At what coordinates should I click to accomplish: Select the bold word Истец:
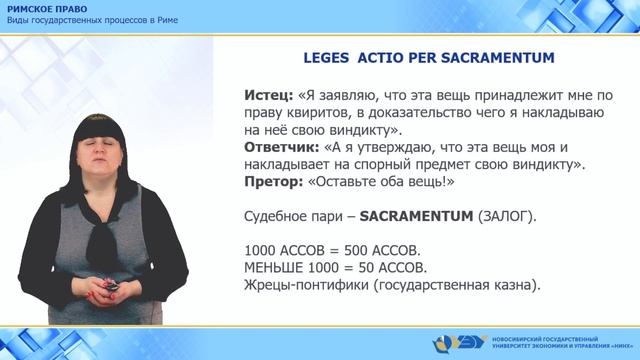267,94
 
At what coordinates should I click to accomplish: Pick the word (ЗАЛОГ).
508,215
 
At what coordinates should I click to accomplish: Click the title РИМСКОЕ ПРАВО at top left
45,8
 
